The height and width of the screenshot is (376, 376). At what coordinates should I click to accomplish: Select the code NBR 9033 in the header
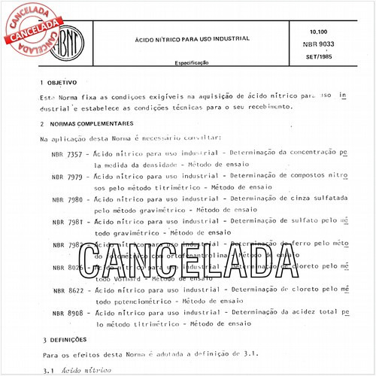tap(322, 47)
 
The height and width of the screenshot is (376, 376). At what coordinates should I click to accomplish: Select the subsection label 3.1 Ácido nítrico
tap(74, 370)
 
